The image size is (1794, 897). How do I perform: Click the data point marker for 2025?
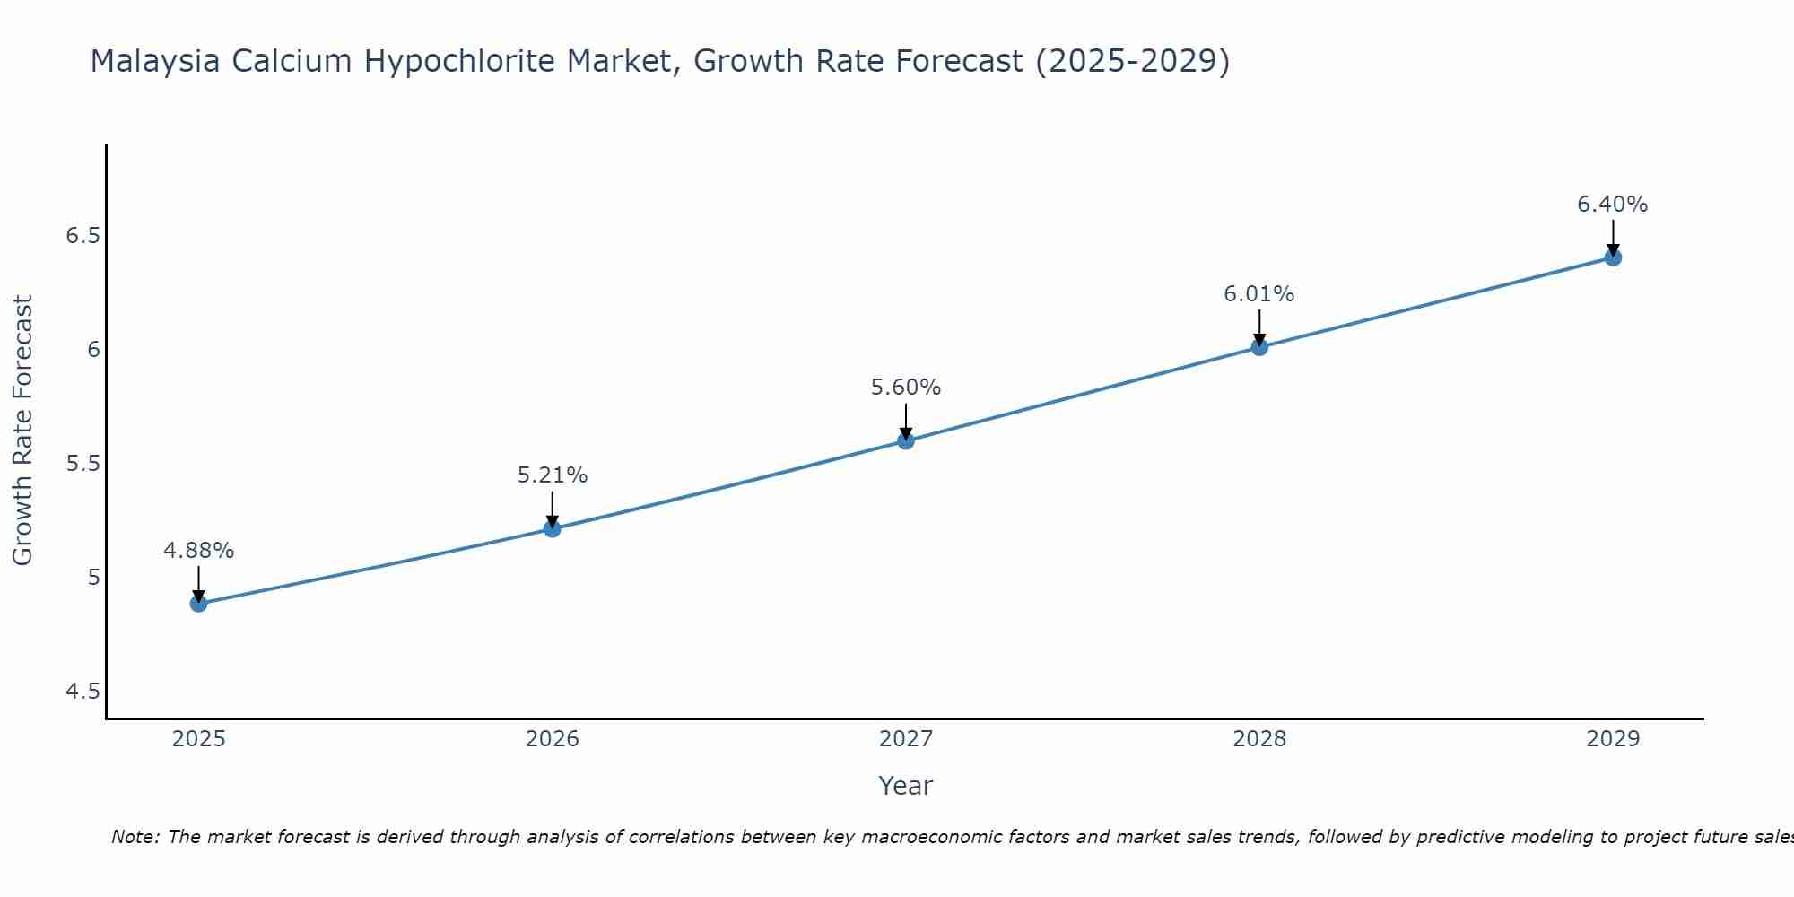coord(198,604)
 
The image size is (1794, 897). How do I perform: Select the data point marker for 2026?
coord(552,528)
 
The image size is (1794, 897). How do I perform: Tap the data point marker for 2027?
coord(906,440)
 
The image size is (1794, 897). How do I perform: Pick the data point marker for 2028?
coord(1259,346)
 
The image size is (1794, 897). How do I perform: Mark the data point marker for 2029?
coord(1613,257)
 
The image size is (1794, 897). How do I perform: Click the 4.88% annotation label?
coord(198,551)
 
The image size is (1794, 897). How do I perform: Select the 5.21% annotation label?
coord(552,475)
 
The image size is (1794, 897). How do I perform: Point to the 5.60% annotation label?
coord(906,388)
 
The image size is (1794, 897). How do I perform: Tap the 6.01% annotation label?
coord(1259,294)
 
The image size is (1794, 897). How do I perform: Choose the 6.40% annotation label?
coord(1613,205)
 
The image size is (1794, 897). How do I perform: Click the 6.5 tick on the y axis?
coord(83,236)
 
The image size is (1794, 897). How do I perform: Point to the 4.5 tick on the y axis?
coord(83,691)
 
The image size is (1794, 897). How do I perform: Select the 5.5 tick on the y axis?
coord(83,464)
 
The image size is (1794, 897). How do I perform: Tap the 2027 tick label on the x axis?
coord(906,739)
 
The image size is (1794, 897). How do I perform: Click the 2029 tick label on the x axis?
coord(1613,739)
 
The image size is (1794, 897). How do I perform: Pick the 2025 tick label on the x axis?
coord(198,739)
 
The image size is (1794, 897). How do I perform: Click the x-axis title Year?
coord(906,786)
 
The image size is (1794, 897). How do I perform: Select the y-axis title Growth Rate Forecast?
coord(23,431)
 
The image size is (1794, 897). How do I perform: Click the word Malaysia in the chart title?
coord(155,62)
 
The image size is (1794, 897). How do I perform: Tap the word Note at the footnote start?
coord(135,837)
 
